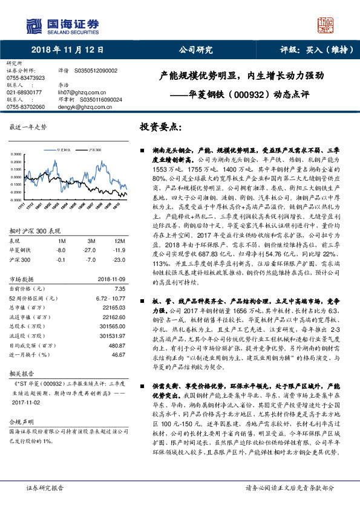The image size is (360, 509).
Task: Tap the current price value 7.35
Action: coord(119,288)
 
